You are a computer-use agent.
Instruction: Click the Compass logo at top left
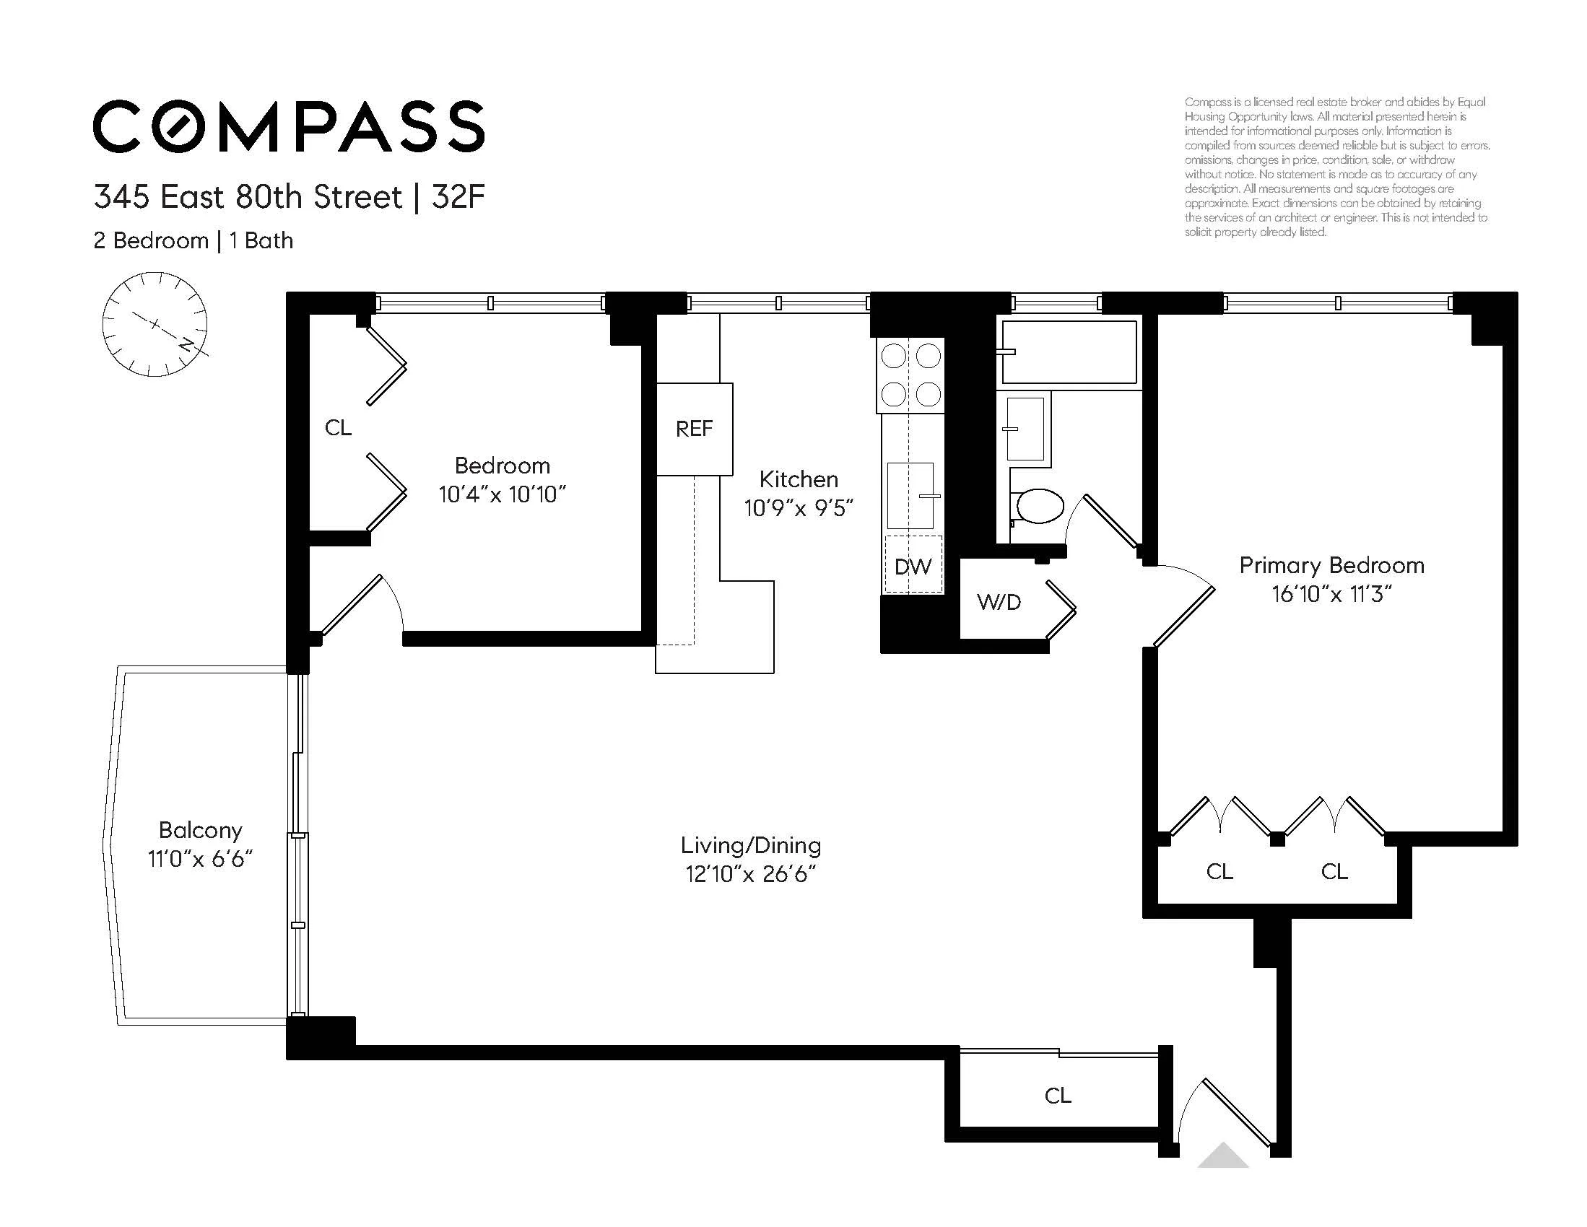click(289, 126)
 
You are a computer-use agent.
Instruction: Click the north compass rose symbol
click(155, 324)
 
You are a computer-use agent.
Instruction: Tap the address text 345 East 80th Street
click(248, 197)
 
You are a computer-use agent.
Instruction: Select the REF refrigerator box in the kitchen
click(694, 429)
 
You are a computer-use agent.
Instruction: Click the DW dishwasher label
click(913, 567)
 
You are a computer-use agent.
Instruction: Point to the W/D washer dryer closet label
click(999, 601)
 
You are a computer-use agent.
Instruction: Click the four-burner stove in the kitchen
click(911, 375)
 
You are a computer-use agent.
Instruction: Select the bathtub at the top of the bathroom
click(1069, 351)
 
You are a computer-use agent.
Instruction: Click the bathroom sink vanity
click(1025, 429)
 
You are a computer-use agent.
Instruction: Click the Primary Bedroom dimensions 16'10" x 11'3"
click(1331, 594)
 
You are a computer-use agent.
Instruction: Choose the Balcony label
click(201, 829)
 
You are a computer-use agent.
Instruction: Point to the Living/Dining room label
click(751, 845)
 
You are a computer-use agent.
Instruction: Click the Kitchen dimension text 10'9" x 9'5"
click(798, 508)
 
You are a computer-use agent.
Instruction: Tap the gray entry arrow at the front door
click(1223, 1155)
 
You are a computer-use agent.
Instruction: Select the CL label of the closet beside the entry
click(1057, 1096)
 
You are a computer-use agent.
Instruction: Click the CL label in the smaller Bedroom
click(338, 428)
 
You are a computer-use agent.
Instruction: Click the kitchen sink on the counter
click(910, 495)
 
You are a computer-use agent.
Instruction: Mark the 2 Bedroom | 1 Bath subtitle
click(194, 240)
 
